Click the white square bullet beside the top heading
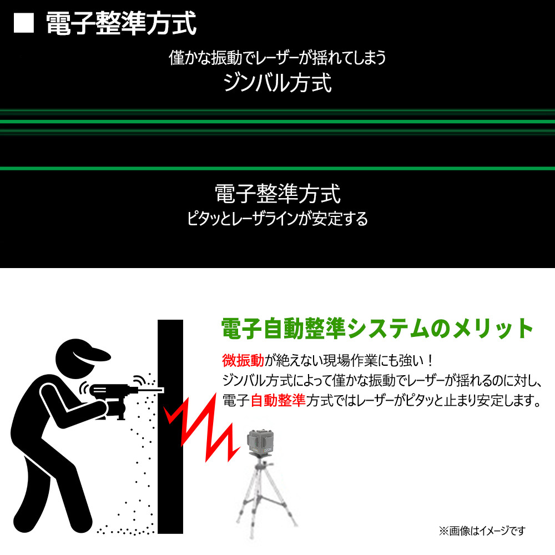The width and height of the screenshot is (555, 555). click(x=24, y=23)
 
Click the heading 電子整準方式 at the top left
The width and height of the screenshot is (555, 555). click(x=121, y=23)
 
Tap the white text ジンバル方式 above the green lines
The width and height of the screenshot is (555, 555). click(x=277, y=83)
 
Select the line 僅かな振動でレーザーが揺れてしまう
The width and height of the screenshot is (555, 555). click(x=277, y=57)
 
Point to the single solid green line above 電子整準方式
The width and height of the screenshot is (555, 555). click(x=277, y=169)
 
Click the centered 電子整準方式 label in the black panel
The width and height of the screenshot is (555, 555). click(x=277, y=194)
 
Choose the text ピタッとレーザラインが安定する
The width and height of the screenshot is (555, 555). click(x=277, y=219)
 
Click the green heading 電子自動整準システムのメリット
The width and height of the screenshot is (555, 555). click(x=377, y=329)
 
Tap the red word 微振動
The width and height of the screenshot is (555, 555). click(x=243, y=360)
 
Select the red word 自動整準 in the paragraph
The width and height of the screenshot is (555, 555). click(x=278, y=400)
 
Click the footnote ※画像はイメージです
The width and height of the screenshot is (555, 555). click(x=482, y=531)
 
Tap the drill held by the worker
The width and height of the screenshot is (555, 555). click(x=117, y=400)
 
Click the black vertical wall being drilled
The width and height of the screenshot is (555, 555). click(x=170, y=426)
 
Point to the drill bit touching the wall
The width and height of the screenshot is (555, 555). click(x=151, y=390)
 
